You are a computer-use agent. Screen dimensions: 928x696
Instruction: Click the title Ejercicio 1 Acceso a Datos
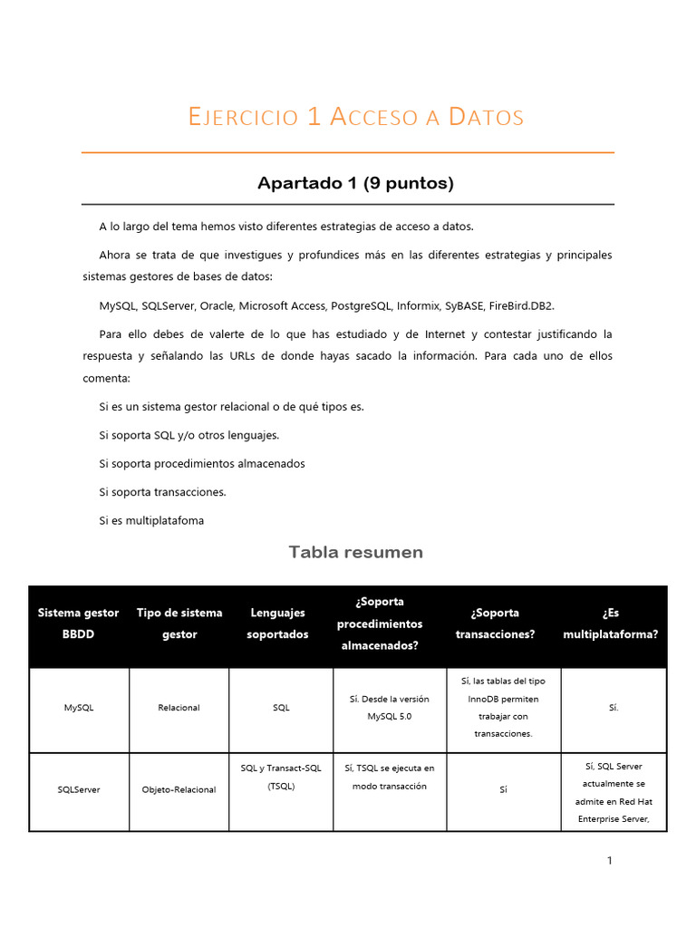tap(355, 117)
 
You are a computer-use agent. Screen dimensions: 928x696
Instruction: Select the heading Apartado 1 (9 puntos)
tap(355, 183)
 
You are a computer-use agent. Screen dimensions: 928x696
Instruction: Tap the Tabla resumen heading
tap(355, 552)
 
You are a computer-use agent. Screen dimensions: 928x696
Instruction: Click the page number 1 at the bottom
tap(610, 860)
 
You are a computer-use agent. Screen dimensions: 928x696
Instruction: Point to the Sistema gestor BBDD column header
tap(78, 623)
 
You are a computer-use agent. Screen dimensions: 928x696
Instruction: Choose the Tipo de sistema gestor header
tap(179, 623)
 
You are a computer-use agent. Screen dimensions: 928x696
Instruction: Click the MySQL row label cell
tap(79, 708)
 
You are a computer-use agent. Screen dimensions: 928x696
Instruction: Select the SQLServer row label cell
tap(79, 789)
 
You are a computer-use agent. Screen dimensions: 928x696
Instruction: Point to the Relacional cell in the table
tap(179, 708)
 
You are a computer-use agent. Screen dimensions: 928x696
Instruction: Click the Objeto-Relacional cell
tap(179, 789)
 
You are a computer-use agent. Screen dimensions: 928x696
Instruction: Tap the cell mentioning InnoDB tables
tap(503, 707)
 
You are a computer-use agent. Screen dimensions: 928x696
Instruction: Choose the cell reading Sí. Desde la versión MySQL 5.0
tap(390, 707)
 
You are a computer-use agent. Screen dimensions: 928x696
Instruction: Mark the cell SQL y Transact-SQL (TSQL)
tap(281, 777)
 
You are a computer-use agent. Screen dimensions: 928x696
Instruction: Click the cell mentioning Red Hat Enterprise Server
tap(614, 793)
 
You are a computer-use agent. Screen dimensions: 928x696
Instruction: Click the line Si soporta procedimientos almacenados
tap(202, 463)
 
